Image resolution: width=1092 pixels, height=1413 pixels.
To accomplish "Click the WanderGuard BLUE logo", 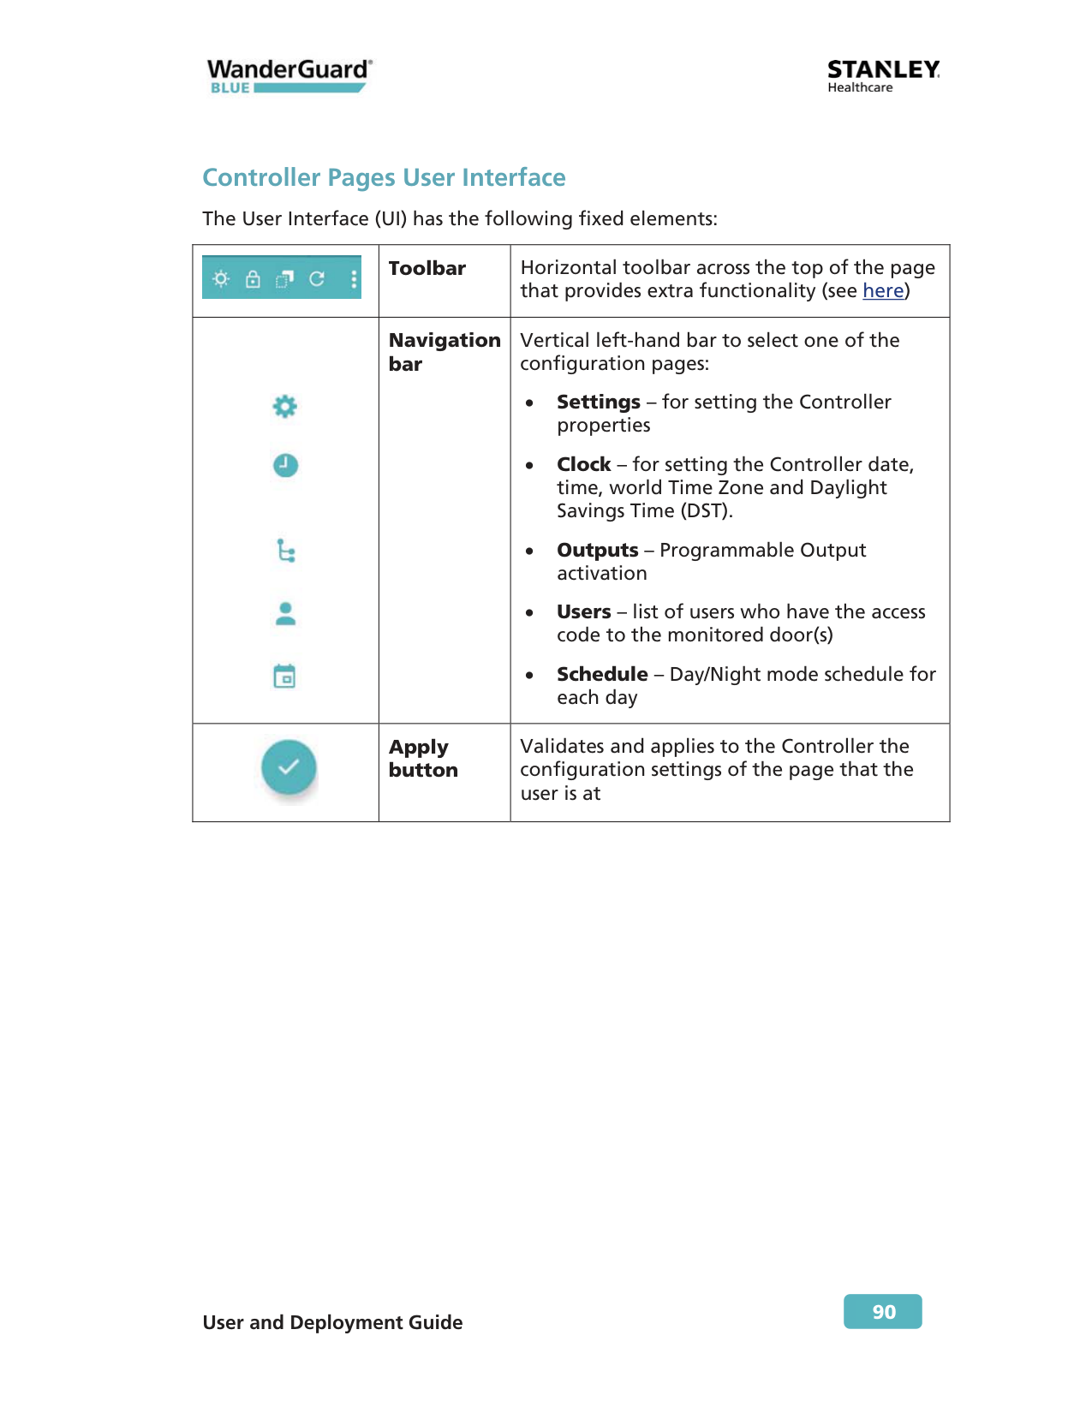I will click(289, 75).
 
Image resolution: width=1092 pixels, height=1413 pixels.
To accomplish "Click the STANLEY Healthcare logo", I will click(883, 75).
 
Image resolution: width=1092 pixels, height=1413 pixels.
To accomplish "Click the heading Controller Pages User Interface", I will click(384, 177).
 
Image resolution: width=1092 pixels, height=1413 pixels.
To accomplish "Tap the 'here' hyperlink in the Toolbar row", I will click(883, 291).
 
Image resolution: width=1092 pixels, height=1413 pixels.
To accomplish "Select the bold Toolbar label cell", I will click(427, 269).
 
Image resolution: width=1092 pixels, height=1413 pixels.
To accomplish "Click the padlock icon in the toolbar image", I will click(253, 279).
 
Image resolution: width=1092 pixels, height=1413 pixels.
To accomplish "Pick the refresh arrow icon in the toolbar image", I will click(317, 279).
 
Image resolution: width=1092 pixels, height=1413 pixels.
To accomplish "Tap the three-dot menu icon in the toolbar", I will click(354, 279).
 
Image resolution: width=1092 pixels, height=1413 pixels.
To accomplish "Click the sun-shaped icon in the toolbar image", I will click(221, 279).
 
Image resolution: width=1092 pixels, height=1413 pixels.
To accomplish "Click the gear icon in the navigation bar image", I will click(284, 406).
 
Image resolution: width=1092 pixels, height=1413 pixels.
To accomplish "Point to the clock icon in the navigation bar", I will click(285, 465).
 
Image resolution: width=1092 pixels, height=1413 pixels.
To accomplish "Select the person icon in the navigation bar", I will click(285, 613).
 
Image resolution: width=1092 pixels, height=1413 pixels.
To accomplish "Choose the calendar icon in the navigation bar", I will click(284, 677).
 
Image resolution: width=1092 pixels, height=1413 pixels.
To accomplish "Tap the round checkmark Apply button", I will click(289, 766).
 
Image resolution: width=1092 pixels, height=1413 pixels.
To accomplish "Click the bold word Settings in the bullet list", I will click(599, 402).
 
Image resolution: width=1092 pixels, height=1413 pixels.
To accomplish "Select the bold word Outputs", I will click(598, 551).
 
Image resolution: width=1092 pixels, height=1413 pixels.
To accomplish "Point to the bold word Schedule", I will click(602, 675).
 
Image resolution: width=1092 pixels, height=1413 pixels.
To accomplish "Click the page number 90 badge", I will click(883, 1311).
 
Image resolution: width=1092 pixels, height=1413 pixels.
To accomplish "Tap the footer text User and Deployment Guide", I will click(332, 1322).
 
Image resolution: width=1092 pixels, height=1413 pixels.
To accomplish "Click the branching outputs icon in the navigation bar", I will click(286, 551).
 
